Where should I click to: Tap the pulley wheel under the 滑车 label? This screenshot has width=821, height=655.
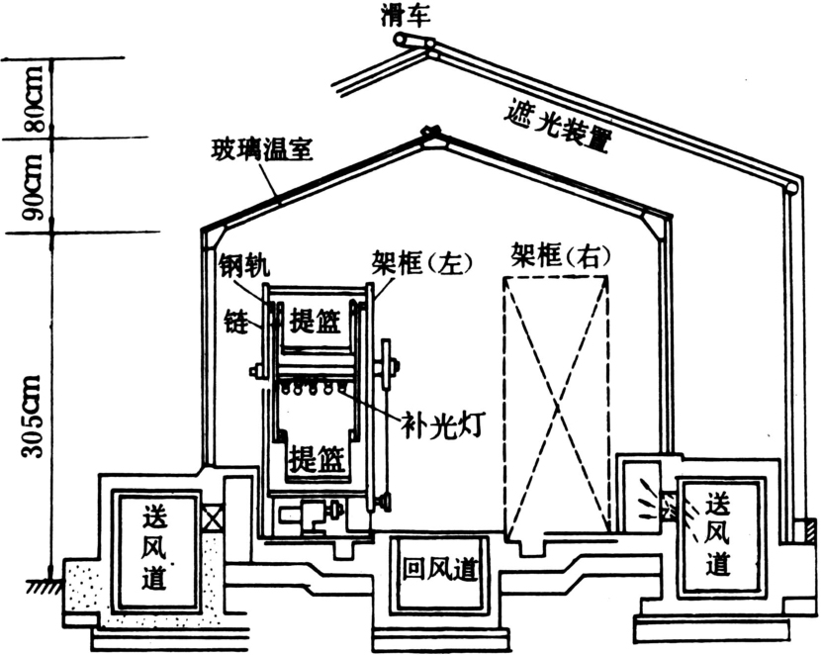[x=400, y=40]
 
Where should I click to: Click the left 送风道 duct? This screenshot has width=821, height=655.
[x=157, y=545]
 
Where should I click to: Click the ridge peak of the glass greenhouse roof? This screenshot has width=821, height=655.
[x=429, y=132]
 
